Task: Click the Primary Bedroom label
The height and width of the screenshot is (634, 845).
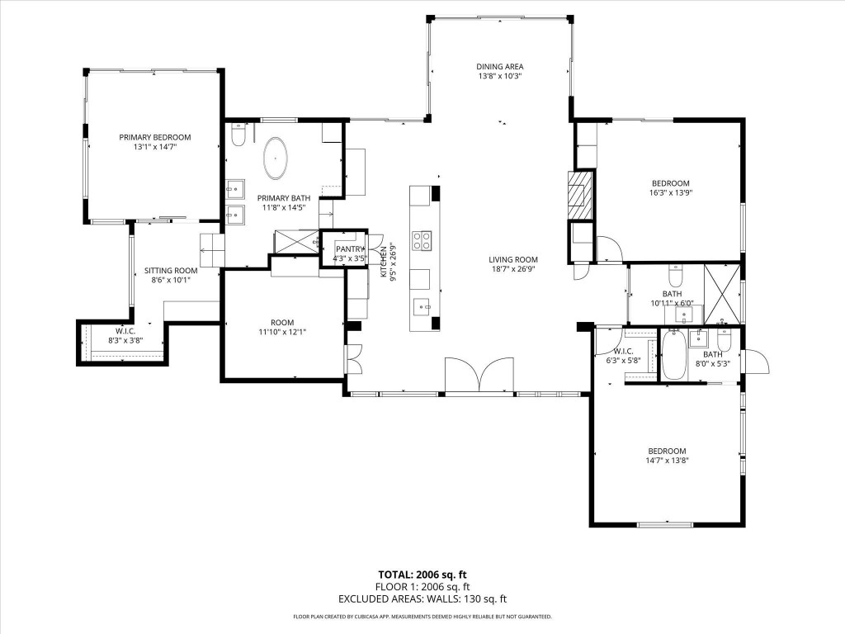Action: point(154,137)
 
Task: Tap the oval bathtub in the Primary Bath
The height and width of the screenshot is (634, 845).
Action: point(275,158)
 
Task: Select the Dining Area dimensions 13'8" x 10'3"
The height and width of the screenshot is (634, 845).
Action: point(499,76)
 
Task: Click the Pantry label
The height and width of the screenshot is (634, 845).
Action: point(350,248)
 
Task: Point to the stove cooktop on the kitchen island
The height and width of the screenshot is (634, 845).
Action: point(422,240)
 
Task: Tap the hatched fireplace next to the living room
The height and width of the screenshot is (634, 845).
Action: point(579,195)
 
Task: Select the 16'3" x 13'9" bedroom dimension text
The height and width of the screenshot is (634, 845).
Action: point(670,192)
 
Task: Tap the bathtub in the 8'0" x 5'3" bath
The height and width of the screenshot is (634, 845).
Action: point(673,355)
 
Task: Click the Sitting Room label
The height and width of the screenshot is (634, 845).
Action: point(171,270)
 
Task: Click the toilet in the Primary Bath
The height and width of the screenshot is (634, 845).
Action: point(238,135)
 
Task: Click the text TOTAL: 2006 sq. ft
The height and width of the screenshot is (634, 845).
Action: point(422,575)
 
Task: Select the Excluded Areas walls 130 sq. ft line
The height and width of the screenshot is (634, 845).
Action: point(422,599)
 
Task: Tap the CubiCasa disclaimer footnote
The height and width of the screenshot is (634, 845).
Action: point(422,617)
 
